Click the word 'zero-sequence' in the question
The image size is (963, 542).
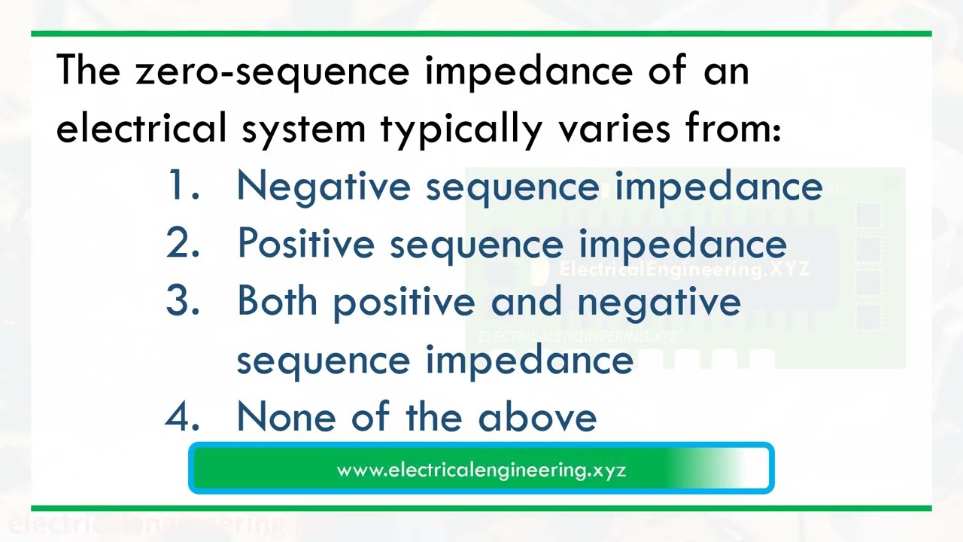coord(272,72)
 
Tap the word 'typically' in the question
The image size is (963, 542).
coord(460,129)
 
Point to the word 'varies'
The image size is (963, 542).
coord(614,129)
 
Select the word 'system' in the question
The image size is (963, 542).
coord(303,129)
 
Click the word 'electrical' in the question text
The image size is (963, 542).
coord(141,129)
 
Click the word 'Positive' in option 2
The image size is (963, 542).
coord(305,244)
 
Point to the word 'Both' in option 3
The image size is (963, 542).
coord(277,301)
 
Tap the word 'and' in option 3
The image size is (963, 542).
coord(526,301)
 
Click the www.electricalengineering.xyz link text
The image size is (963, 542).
coord(481,470)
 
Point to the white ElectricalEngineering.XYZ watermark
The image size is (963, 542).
coord(684,269)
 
